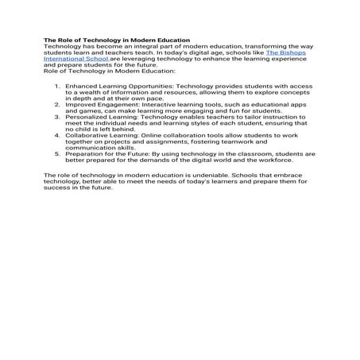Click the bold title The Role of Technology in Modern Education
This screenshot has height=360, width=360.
click(116, 40)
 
